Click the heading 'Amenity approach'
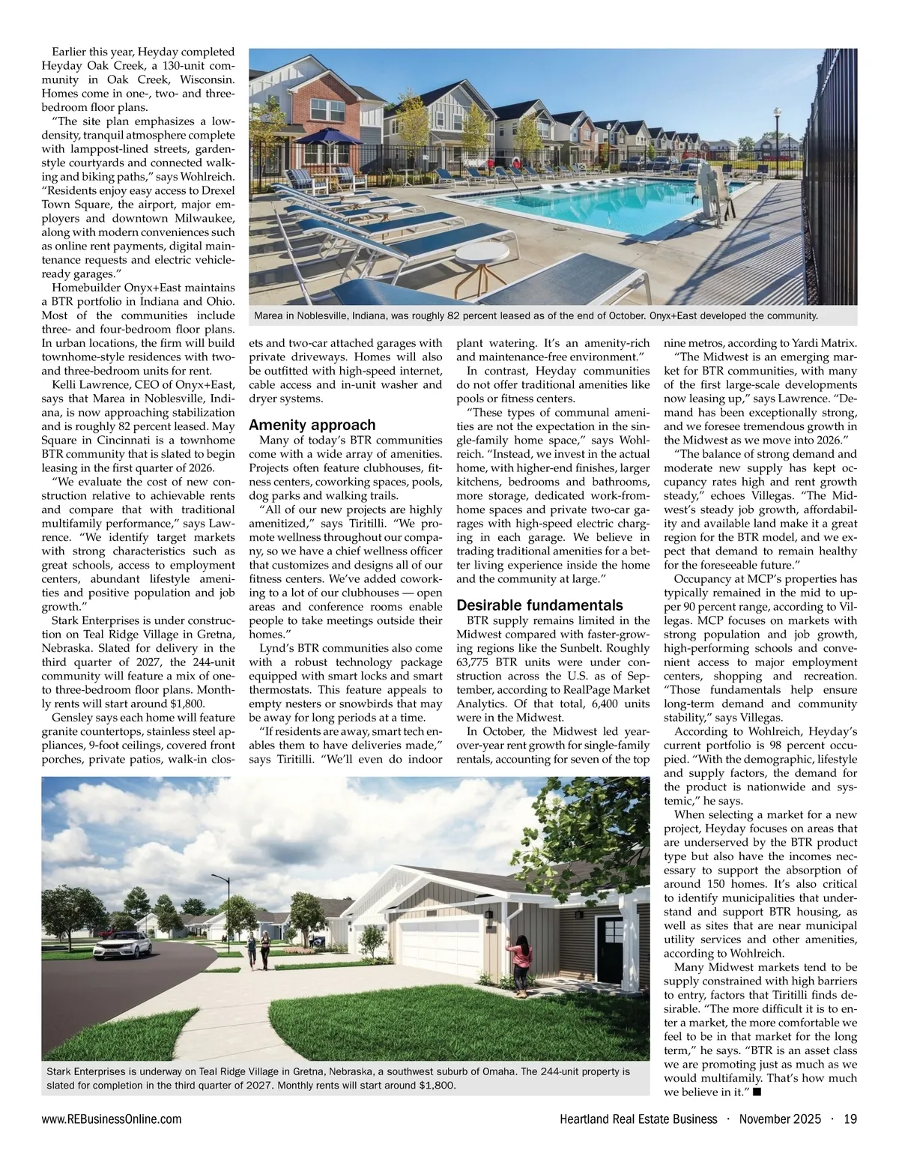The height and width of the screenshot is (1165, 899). pyautogui.click(x=312, y=425)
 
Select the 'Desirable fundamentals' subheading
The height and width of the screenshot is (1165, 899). pyautogui.click(x=539, y=605)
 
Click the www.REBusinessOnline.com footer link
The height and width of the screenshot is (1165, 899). pyautogui.click(x=112, y=1119)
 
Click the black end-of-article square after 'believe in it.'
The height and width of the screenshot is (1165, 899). pyautogui.click(x=757, y=1092)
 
